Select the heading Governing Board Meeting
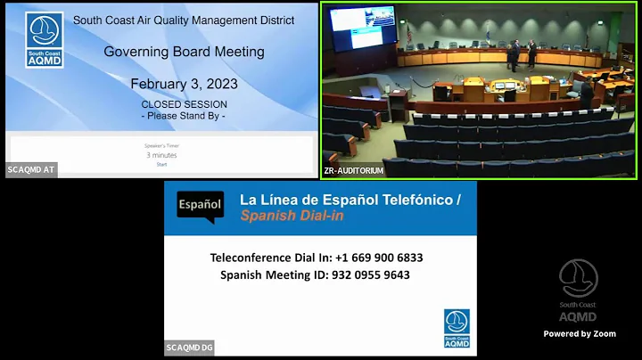(x=184, y=52)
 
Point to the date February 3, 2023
(x=184, y=84)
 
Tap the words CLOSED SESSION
(x=184, y=104)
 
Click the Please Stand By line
(x=184, y=116)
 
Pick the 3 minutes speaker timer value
(x=161, y=154)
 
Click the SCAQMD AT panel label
(x=31, y=169)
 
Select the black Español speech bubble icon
(x=200, y=205)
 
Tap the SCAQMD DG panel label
(x=189, y=348)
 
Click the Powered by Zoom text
(x=580, y=334)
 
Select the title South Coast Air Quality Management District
(x=184, y=20)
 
